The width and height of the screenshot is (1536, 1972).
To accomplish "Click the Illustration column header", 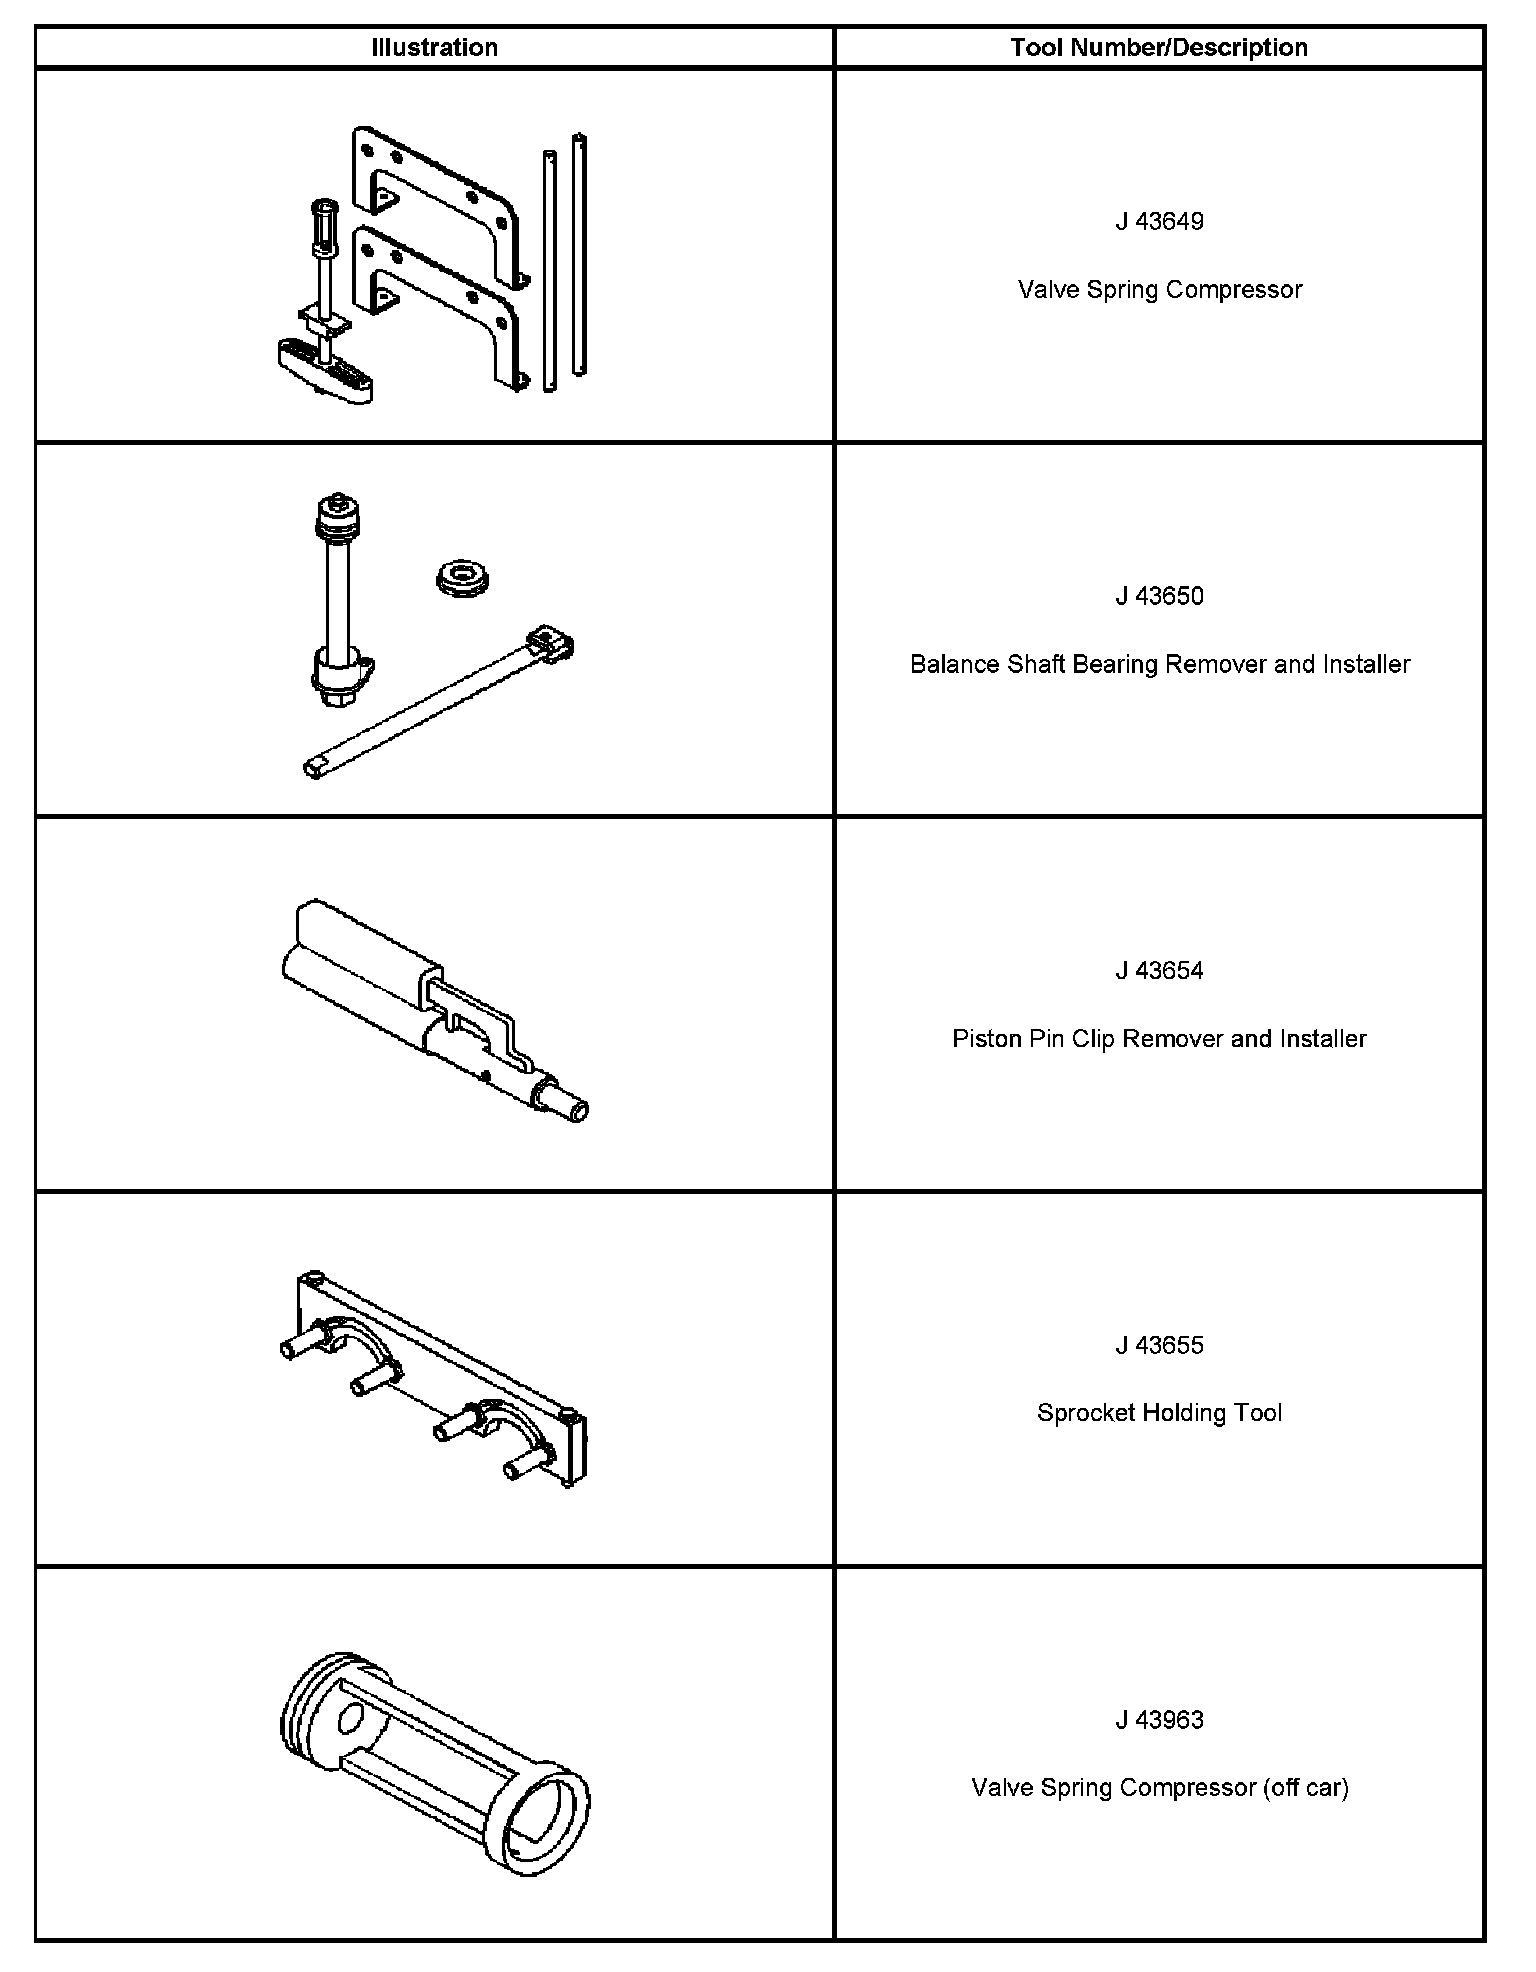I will [x=434, y=47].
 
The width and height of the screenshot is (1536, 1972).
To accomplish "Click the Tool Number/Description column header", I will [x=1159, y=47].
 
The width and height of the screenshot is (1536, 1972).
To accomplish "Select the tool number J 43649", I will [x=1159, y=221].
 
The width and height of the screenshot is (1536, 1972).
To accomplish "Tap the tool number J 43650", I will [x=1159, y=596].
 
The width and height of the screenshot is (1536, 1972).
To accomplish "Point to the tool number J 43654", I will [x=1159, y=970].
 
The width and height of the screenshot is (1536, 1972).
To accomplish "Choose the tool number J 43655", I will [x=1159, y=1345].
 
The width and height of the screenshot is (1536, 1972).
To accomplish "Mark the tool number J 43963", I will [x=1159, y=1720].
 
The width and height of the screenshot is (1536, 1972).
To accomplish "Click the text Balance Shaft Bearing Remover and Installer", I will [x=1159, y=664].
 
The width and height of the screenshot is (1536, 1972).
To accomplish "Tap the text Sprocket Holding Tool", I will [x=1159, y=1413].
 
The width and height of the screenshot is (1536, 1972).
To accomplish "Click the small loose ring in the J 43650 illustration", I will [x=466, y=578].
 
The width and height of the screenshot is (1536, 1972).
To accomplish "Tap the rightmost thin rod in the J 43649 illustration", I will [x=579, y=255].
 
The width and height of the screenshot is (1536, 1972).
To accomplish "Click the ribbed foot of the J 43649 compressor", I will [x=324, y=370].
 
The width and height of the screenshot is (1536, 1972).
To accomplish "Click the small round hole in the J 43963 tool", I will [x=351, y=1719].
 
